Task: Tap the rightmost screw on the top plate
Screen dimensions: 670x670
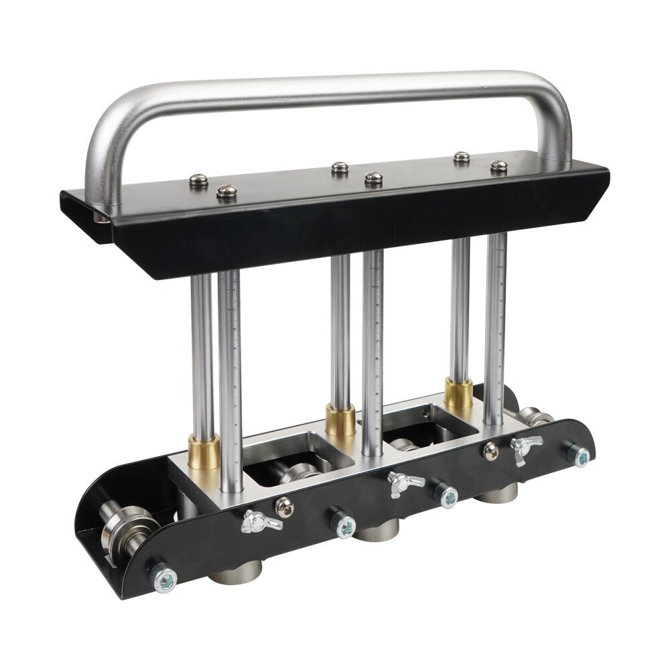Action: pos(498,166)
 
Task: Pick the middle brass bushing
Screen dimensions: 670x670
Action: pos(341,420)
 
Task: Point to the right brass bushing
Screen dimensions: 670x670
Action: pos(458,394)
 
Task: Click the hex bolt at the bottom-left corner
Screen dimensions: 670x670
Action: pos(163,577)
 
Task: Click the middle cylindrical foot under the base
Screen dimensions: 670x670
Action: pos(377,531)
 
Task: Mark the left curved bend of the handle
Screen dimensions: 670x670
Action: pos(107,127)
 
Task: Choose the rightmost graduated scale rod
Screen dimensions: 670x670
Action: pos(495,328)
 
